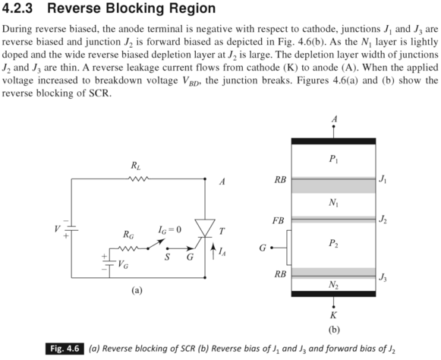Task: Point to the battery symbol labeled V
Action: click(71, 228)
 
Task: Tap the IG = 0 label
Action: click(171, 229)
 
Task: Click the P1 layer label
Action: click(334, 160)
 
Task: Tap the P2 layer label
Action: click(334, 243)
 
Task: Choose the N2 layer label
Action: click(334, 284)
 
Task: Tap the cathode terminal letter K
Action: click(334, 314)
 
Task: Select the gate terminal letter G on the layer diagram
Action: click(263, 248)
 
